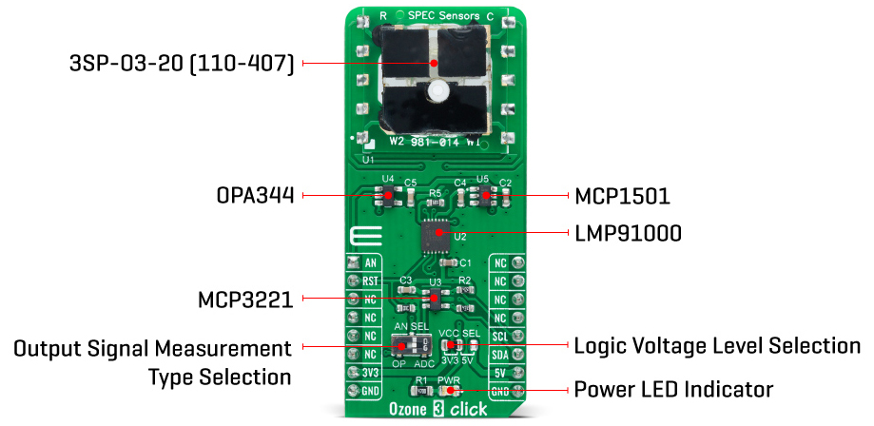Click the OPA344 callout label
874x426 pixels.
[x=253, y=196]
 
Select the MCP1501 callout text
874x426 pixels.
[x=623, y=197]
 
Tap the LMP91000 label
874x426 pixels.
[x=627, y=233]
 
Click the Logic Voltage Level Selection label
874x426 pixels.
[x=715, y=345]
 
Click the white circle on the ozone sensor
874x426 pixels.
[x=437, y=92]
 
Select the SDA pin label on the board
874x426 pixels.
[x=500, y=354]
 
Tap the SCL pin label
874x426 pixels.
[x=500, y=336]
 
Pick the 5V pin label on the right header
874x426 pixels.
[x=500, y=372]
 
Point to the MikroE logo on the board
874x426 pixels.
[x=360, y=238]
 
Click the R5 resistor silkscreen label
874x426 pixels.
[x=436, y=192]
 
